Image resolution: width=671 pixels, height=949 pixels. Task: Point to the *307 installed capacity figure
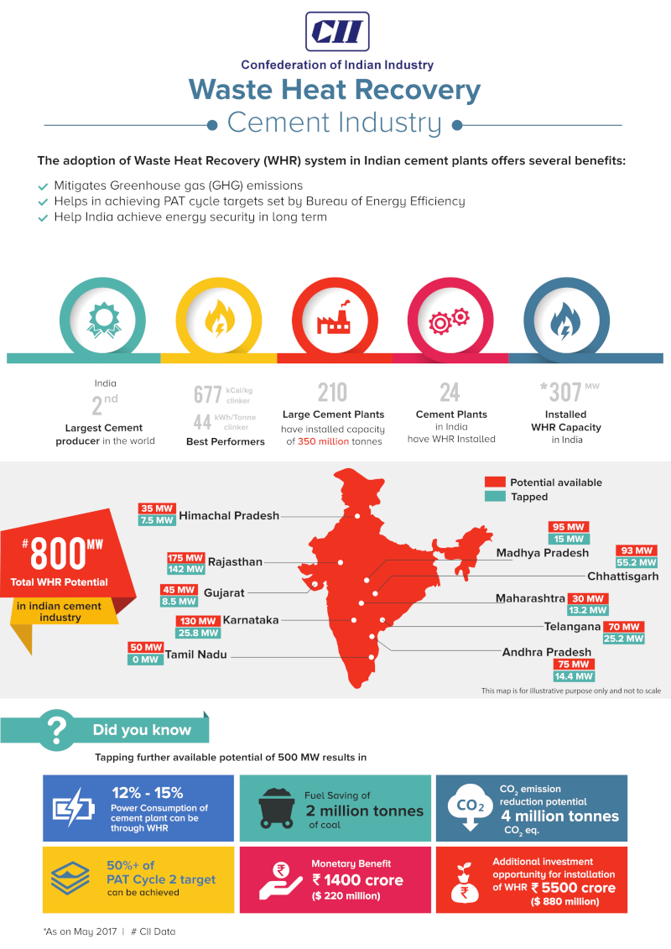pos(562,392)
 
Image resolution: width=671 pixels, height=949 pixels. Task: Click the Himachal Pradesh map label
pos(229,515)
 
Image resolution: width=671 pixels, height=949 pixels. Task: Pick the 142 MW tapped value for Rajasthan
pos(185,570)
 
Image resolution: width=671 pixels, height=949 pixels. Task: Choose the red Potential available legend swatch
pos(495,482)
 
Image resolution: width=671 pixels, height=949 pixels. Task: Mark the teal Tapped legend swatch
pos(495,497)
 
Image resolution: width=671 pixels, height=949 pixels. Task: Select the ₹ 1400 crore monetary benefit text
pos(358,880)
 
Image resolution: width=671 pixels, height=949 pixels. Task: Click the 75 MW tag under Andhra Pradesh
pos(573,665)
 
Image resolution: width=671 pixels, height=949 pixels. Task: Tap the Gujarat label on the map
pos(224,592)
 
